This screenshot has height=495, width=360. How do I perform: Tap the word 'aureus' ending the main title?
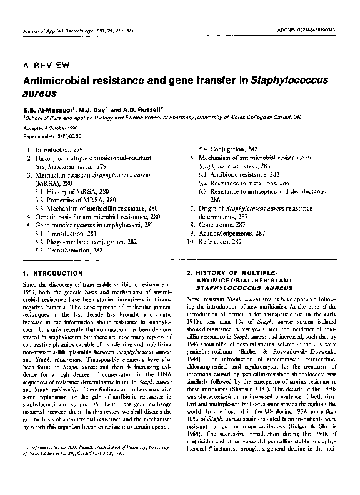[x=40, y=93]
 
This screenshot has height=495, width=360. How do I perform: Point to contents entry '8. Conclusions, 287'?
[x=220, y=223]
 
